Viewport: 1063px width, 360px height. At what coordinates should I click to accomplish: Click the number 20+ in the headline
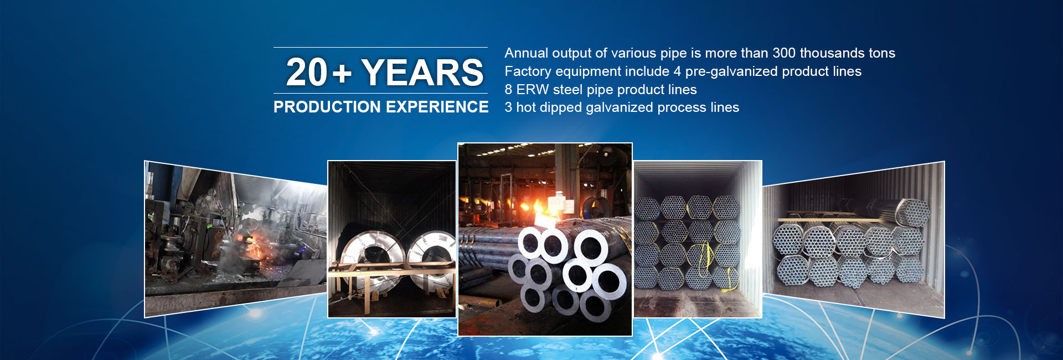pos(319,73)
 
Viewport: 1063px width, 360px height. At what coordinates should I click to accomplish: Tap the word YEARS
pos(422,73)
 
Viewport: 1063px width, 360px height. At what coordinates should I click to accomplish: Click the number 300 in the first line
pos(784,53)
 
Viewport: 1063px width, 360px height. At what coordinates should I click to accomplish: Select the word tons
pos(882,53)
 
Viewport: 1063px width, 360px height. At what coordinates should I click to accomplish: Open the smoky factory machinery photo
pos(235,239)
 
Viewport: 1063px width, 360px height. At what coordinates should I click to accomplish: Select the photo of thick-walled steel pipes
pos(545,239)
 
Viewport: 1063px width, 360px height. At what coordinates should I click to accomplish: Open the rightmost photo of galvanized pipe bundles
pos(853,239)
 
